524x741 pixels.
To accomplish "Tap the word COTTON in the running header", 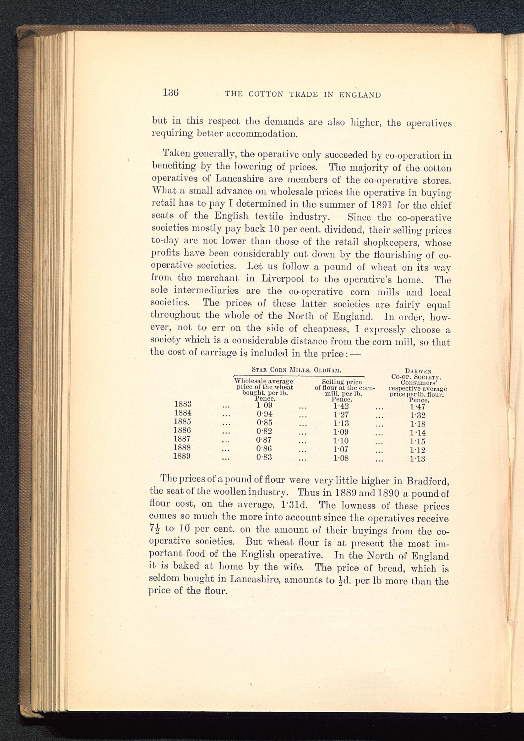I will click(266, 94).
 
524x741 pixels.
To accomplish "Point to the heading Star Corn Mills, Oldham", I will click(296, 370).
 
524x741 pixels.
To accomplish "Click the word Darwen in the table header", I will click(418, 371).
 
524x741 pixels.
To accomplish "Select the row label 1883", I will click(183, 404).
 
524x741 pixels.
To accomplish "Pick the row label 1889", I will click(182, 456).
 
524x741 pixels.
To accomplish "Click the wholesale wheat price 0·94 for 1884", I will click(264, 414).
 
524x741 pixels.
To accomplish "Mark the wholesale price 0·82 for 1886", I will click(264, 431).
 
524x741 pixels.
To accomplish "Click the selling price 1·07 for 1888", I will click(341, 449).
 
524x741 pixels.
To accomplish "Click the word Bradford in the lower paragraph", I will click(428, 481).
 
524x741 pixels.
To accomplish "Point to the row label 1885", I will click(182, 421).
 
